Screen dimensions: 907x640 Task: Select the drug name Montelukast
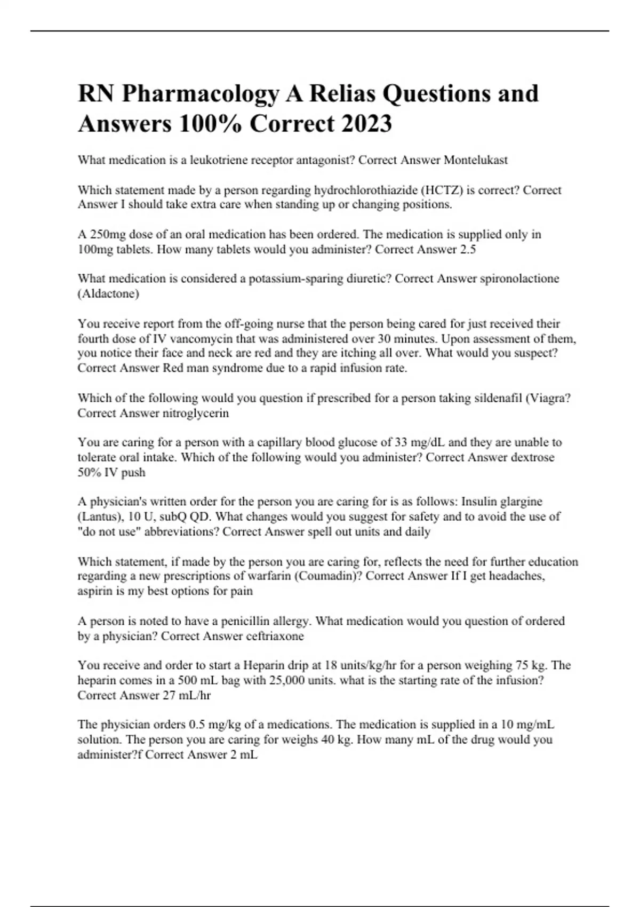click(x=476, y=160)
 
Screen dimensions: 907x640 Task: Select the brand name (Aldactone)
click(x=108, y=293)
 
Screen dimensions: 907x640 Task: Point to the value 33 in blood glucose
click(x=401, y=442)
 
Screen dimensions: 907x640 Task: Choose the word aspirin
click(x=94, y=591)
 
